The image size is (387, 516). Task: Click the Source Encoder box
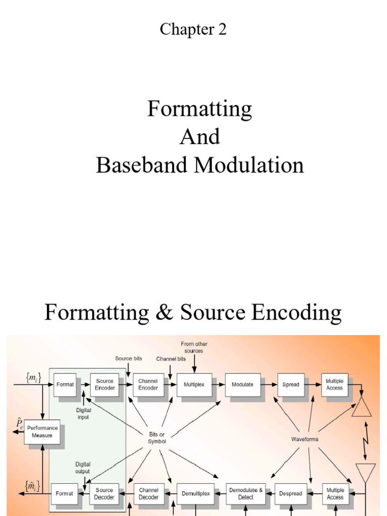point(105,384)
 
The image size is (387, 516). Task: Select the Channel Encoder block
point(148,384)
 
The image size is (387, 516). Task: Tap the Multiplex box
point(194,384)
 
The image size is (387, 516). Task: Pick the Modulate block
point(242,384)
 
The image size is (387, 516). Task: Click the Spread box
point(291,384)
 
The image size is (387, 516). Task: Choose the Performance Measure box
point(42,432)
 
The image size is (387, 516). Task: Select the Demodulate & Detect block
point(245,493)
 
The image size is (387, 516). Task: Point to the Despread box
point(291,493)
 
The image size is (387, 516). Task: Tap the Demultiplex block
point(196,493)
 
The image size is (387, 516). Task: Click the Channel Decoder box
point(149,493)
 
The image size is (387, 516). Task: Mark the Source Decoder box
point(104,493)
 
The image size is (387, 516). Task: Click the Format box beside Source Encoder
point(65,384)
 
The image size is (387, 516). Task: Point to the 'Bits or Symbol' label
point(156,438)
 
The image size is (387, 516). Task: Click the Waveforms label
point(305,439)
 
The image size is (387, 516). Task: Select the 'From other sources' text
point(194,347)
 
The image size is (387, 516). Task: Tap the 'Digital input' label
point(83,414)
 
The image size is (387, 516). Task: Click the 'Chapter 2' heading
point(193,30)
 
